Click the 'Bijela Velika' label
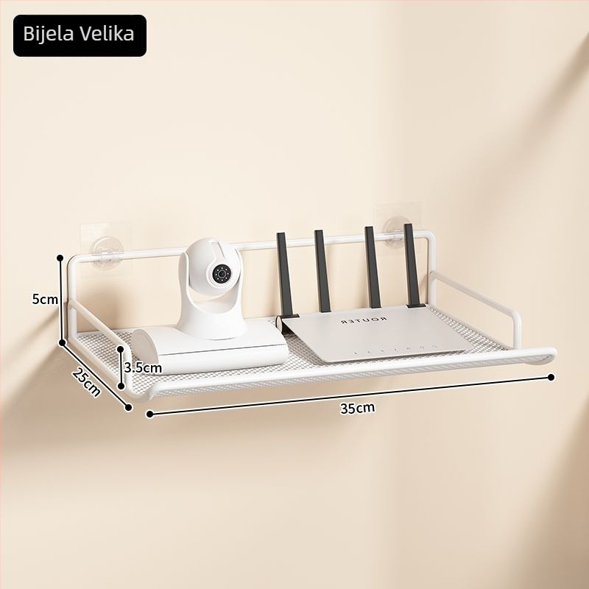79,34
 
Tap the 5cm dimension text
45,300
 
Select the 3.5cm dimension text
143,367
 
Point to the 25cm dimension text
87,381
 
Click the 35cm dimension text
357,408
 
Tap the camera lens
222,274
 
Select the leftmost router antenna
285,275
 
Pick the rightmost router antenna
413,265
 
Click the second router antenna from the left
322,271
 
